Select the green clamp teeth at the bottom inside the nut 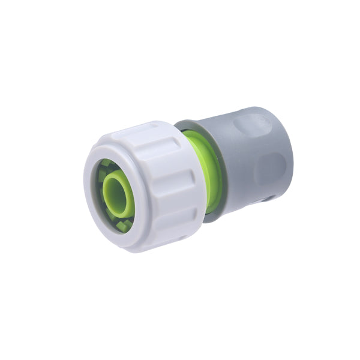tap(124, 226)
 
